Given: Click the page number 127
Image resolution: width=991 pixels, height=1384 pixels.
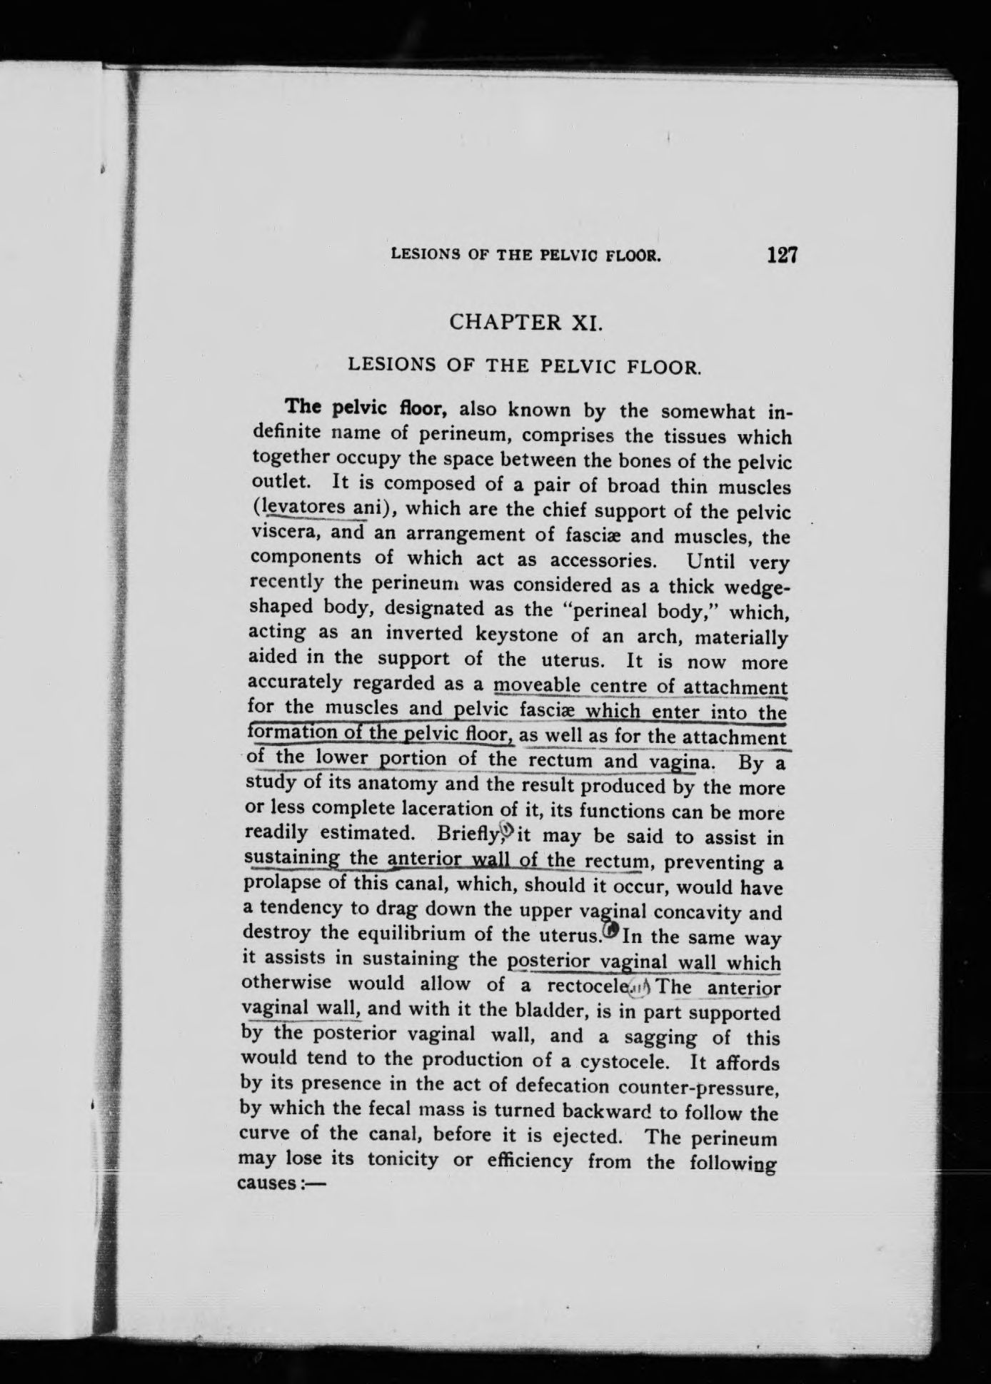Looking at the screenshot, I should click(x=783, y=255).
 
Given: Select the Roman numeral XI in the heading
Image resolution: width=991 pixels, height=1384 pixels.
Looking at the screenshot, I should click(x=588, y=322).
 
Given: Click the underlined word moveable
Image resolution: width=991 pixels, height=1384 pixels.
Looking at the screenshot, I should click(x=536, y=685).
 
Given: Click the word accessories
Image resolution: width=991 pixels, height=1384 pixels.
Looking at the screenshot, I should click(x=584, y=560).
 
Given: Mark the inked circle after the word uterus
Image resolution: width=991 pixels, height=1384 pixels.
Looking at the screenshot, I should click(x=611, y=931).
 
